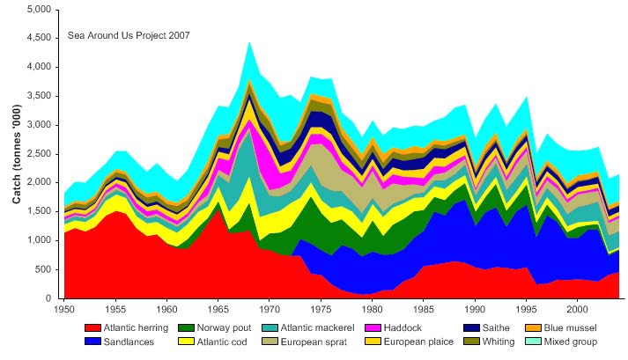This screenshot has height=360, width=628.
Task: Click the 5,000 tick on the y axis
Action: pos(39,9)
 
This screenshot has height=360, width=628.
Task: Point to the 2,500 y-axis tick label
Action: pos(39,154)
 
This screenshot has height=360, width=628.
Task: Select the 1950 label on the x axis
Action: pos(64,310)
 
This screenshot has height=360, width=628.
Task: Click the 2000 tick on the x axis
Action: pos(577,310)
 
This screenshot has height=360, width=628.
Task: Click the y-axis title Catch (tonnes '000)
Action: pos(17,154)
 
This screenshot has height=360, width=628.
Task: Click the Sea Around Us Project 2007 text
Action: pos(129,35)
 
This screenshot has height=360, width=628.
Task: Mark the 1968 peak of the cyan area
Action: pos(249,41)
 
